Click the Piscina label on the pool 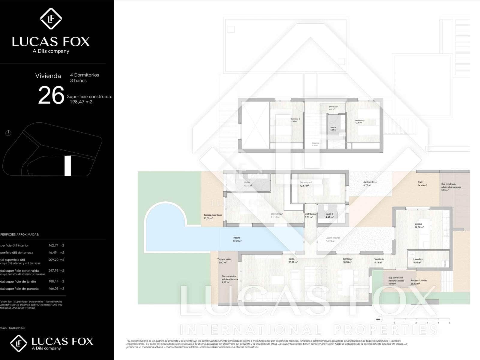coord(237,238)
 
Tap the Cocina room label coord(418,224)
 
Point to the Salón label coord(292,259)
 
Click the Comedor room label coord(348,259)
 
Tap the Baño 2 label coord(329,214)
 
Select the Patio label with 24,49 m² coord(421,182)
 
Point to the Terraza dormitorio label coord(213,215)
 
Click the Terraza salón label coord(224,259)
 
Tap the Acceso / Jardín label coord(418,280)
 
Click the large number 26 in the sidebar coord(51,95)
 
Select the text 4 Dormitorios coord(85,75)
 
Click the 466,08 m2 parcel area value coord(56,289)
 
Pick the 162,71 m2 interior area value coord(56,245)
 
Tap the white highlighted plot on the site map coord(68,166)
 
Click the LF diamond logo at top coord(51,19)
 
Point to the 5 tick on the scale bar coord(449,323)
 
